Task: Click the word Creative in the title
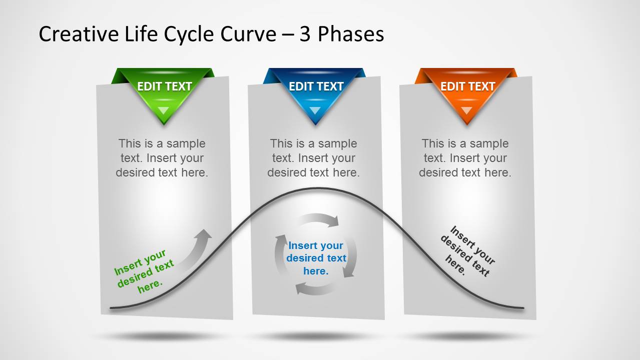(x=79, y=34)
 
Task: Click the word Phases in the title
(x=351, y=34)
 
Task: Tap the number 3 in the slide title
(x=305, y=34)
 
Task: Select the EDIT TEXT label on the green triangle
(x=164, y=86)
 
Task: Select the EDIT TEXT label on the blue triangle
(x=316, y=86)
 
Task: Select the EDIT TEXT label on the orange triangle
(x=468, y=86)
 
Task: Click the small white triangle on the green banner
(x=164, y=110)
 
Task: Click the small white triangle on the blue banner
(x=315, y=110)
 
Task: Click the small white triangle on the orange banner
(x=466, y=110)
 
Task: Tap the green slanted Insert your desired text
(x=144, y=271)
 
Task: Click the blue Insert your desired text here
(x=316, y=258)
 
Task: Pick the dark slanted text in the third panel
(x=468, y=251)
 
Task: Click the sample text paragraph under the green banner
(x=162, y=158)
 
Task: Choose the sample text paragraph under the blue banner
(x=314, y=158)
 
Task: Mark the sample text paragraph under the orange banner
(x=465, y=158)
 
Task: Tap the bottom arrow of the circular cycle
(x=314, y=289)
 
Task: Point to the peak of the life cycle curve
(x=317, y=188)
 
